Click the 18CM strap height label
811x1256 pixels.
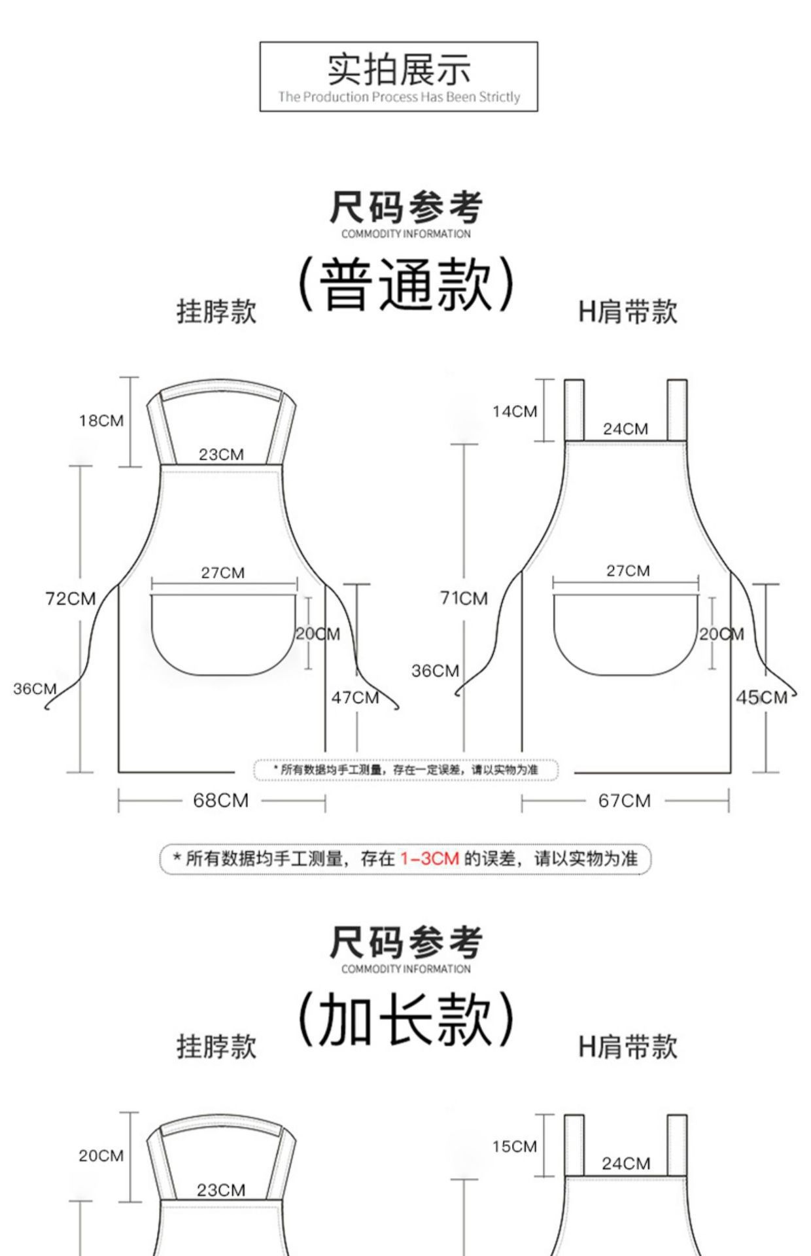(x=101, y=421)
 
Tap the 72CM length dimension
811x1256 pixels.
(x=70, y=599)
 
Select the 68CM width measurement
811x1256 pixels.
(x=220, y=800)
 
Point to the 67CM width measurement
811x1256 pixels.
(x=624, y=801)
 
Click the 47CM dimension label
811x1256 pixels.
(x=355, y=697)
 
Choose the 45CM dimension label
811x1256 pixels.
(x=761, y=697)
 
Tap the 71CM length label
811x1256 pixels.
(x=464, y=598)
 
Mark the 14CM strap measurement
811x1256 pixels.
(x=515, y=411)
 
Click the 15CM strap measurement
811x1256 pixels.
(x=515, y=1146)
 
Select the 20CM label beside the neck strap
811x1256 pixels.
(x=101, y=1156)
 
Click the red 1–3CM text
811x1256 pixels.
(x=430, y=858)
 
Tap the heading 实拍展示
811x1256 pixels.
(x=398, y=69)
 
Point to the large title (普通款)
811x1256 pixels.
(x=406, y=283)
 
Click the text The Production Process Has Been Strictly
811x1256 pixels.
(x=398, y=97)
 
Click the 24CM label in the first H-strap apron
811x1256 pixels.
(x=625, y=429)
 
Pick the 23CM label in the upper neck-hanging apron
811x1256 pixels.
(x=221, y=455)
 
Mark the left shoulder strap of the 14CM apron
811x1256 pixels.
(x=574, y=410)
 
